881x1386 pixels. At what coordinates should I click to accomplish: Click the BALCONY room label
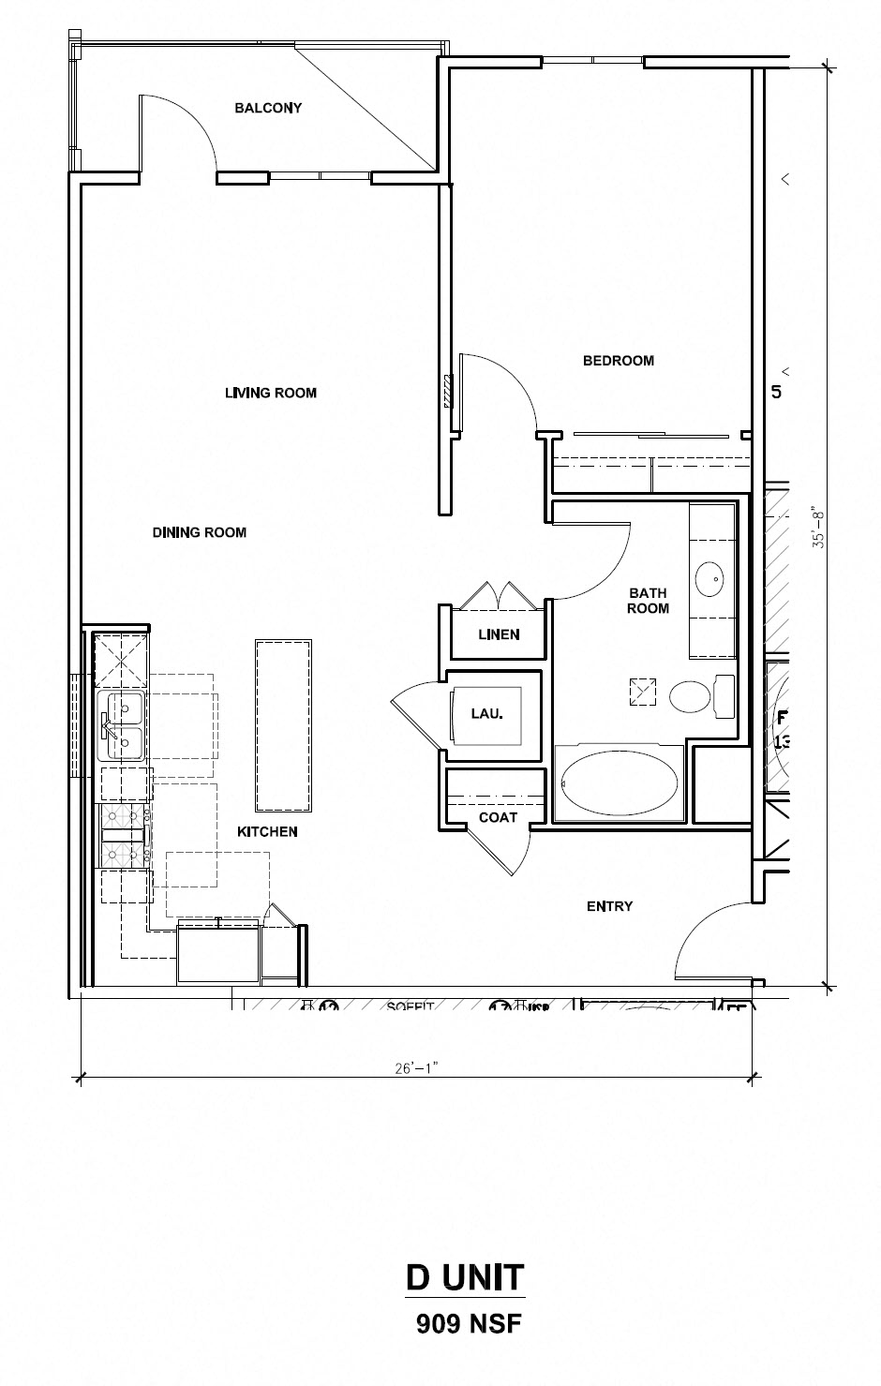268,108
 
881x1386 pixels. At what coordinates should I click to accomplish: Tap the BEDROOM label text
618,360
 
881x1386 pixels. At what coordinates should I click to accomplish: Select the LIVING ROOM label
270,393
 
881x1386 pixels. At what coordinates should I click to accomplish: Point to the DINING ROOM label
199,532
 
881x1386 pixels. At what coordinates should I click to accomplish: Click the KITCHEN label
267,831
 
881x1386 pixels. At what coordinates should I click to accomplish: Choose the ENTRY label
609,906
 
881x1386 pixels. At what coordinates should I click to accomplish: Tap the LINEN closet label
499,634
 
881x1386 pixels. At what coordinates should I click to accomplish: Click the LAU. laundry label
487,713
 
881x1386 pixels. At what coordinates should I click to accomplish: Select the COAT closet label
498,817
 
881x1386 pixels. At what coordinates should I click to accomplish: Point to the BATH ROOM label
648,600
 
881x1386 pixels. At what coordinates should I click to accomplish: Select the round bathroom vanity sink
711,578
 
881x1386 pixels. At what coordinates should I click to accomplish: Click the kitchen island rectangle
283,726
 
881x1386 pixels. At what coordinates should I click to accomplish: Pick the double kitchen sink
121,726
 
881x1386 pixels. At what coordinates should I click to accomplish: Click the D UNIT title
465,1276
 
